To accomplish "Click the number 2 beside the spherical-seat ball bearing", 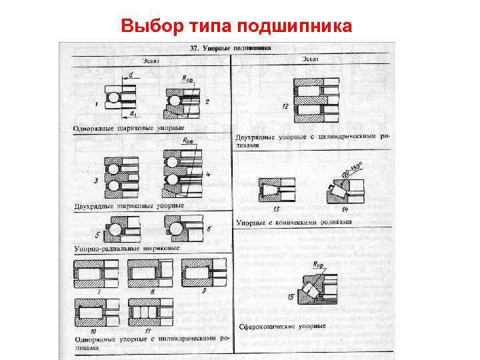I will coord(207,102).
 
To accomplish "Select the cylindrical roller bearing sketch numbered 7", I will coord(96,273).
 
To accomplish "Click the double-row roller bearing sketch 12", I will coord(310,95).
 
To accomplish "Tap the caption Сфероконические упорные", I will coord(281,327).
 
